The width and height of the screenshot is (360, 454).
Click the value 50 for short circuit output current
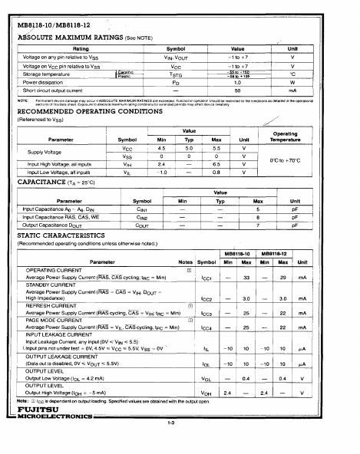[237, 90]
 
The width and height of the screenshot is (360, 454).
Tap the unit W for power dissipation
[292, 82]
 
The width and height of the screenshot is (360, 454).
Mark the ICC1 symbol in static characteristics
[206, 277]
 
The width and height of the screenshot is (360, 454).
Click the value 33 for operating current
[246, 277]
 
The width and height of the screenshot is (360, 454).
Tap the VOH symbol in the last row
[206, 415]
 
